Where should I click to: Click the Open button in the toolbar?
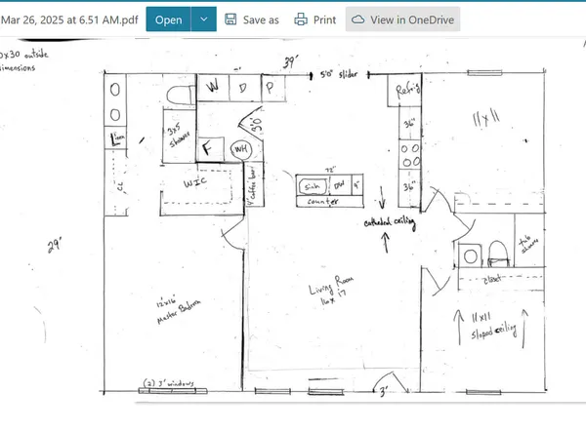(x=167, y=19)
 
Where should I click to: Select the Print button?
(x=314, y=19)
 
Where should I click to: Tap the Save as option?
(x=251, y=19)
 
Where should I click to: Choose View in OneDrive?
(x=403, y=19)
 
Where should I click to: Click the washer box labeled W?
(x=213, y=87)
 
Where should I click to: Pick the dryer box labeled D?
(x=242, y=87)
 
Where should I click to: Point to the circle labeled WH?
(x=239, y=148)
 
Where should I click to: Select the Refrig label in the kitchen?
(x=407, y=89)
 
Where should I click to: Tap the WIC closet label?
(x=195, y=182)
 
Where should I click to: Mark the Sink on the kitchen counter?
(x=311, y=184)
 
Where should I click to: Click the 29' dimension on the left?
(x=53, y=247)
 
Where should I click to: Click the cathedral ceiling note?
(x=391, y=222)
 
